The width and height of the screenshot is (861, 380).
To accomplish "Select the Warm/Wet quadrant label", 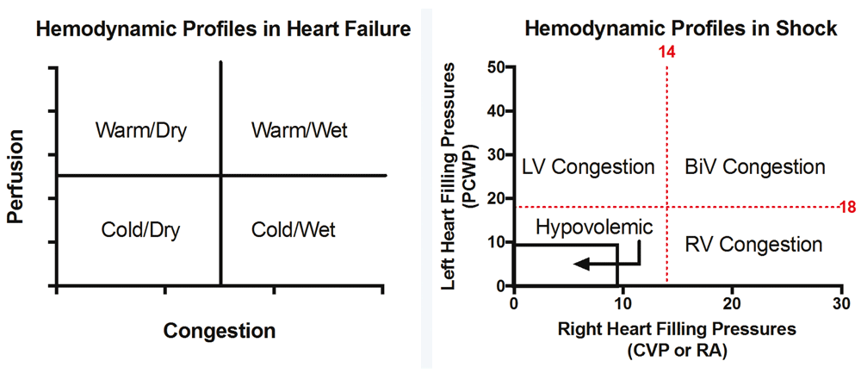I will point(299,132).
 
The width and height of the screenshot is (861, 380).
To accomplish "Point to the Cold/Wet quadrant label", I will point(294,230).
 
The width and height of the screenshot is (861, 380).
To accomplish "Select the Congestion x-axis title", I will point(220,331).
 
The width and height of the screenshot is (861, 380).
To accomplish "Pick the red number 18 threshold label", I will point(847,207).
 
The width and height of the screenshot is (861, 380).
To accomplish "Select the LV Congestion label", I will point(589,167).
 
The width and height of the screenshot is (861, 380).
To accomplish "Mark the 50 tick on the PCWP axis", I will point(495,67).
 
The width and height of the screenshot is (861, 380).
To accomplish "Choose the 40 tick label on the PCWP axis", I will point(495,111).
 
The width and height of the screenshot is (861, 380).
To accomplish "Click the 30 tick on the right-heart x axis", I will point(841,303).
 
